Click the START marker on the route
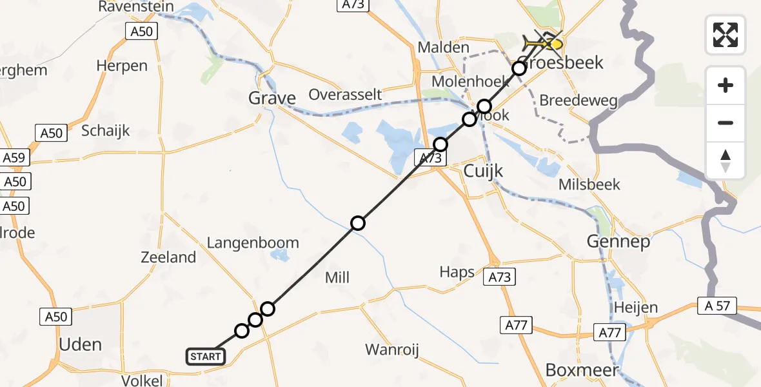(x=206, y=356)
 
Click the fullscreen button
(x=726, y=35)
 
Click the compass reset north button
(x=726, y=161)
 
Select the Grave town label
(x=272, y=98)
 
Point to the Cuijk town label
(x=483, y=171)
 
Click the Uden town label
(x=81, y=344)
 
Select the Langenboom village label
(x=253, y=243)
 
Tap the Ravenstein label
(x=136, y=7)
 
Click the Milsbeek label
(x=589, y=184)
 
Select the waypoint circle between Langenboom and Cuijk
(x=358, y=223)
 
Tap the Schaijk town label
(x=106, y=130)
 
